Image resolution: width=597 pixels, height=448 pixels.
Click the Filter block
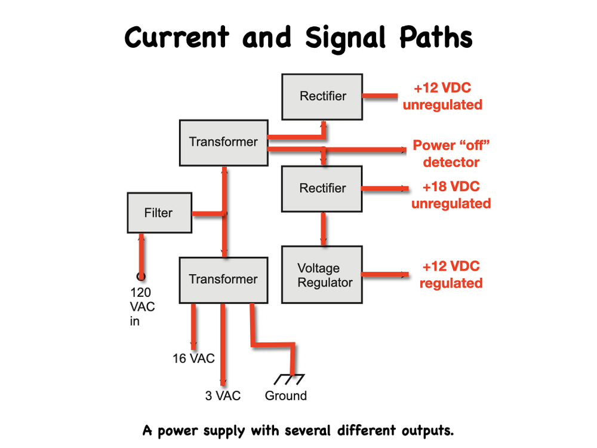coord(159,213)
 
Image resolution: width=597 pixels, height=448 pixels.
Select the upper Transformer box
coord(223,142)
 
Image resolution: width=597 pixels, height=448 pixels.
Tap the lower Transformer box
coord(223,280)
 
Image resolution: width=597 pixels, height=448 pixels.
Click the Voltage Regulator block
coord(323,275)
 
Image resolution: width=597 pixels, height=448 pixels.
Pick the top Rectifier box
coord(322,96)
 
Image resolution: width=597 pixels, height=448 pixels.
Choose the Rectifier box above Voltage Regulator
coord(322,188)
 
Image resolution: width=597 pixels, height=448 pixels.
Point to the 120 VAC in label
coord(141,306)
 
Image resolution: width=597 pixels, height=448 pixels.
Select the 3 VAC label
coord(223,395)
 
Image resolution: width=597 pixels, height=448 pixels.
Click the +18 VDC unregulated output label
coord(451,195)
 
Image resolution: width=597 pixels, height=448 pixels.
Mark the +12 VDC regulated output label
coord(451,275)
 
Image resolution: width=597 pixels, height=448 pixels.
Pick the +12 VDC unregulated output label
coord(442,96)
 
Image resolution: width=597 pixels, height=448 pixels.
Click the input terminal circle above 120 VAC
coord(141,276)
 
